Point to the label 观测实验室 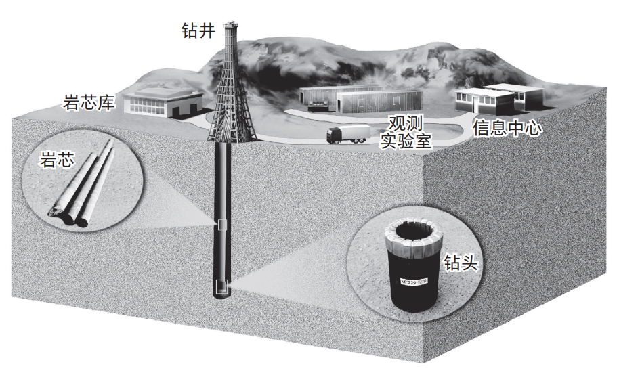click(410, 133)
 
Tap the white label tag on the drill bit click(413, 279)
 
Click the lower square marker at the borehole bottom click(221, 287)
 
